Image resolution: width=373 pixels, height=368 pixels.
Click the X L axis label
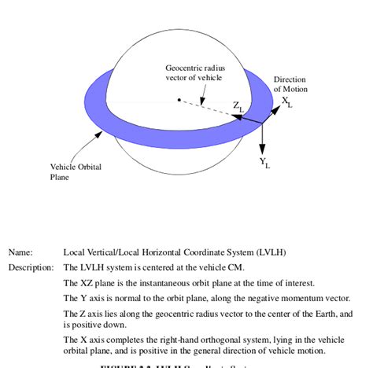coord(287,102)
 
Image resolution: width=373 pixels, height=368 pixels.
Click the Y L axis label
coord(265,164)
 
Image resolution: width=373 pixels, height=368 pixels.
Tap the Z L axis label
coord(238,105)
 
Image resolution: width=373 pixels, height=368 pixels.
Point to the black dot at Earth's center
coord(179,100)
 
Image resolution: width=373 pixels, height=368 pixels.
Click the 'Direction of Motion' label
coord(290,84)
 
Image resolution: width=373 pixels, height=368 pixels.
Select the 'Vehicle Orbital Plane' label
coord(76,171)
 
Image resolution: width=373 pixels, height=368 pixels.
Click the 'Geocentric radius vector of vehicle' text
coord(194,72)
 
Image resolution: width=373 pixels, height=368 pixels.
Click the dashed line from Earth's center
coord(209,108)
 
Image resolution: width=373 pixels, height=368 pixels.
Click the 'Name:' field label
coord(20,252)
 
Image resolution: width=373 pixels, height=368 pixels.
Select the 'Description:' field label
coord(30,267)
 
